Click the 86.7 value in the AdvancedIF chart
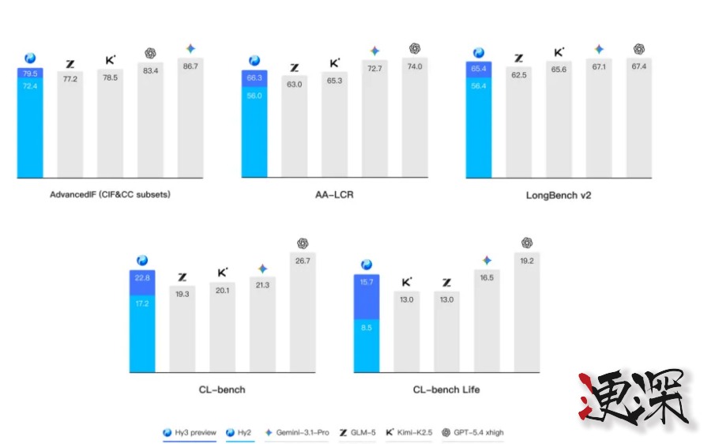[190, 66]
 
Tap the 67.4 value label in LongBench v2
[638, 66]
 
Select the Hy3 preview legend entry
[189, 432]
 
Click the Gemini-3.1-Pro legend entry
[296, 432]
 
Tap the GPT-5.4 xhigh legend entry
[472, 432]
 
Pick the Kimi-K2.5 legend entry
[408, 432]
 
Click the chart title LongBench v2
[558, 194]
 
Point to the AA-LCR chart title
[334, 194]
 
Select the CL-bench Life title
[446, 389]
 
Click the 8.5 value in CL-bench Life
[367, 327]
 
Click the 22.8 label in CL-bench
[142, 277]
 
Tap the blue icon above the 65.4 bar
[479, 53]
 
